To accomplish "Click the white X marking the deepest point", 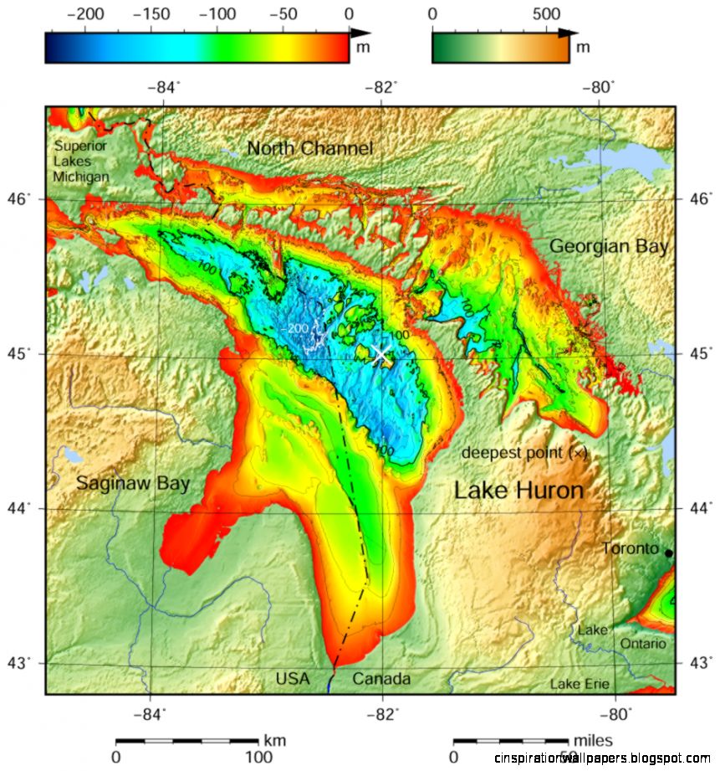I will point(381,353).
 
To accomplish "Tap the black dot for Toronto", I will point(668,553).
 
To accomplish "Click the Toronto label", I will point(631,549).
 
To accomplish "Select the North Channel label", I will point(309,149).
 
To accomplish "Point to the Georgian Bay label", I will point(609,246).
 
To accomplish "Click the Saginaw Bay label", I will point(133,483).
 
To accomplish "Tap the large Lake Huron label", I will point(518,491).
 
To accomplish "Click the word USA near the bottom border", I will point(293,679).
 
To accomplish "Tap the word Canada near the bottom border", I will point(381,679).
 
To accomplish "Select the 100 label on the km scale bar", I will point(258,758).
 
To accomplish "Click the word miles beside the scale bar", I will point(592,741).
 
